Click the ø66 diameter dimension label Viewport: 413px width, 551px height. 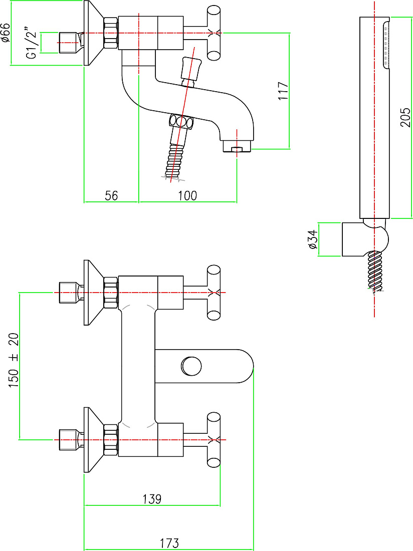tap(6, 33)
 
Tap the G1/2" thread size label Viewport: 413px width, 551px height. tap(32, 43)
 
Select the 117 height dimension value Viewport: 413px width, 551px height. tap(283, 91)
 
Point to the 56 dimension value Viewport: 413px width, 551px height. tap(111, 195)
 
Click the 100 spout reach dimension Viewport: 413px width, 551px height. tap(187, 195)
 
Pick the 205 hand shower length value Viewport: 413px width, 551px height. tap(405, 117)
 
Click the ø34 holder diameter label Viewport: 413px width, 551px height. tap(312, 239)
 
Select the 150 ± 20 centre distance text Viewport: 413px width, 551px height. tap(14, 360)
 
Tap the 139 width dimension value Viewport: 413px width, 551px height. tap(152, 498)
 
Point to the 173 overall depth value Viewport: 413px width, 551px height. tap(169, 543)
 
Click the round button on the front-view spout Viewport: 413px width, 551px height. tap(191, 366)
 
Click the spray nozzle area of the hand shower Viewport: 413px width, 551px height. tap(385, 44)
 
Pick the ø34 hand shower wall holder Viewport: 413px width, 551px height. tap(364, 239)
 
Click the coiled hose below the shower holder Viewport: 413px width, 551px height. tap(375, 271)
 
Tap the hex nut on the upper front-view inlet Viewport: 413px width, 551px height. tap(111, 293)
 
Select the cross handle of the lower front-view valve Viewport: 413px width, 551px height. tap(214, 440)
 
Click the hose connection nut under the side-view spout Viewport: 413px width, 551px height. tap(181, 122)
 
